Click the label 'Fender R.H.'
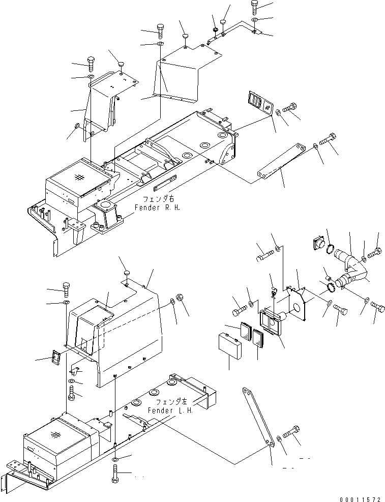pos(157,208)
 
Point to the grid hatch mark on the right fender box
pos(78,177)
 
